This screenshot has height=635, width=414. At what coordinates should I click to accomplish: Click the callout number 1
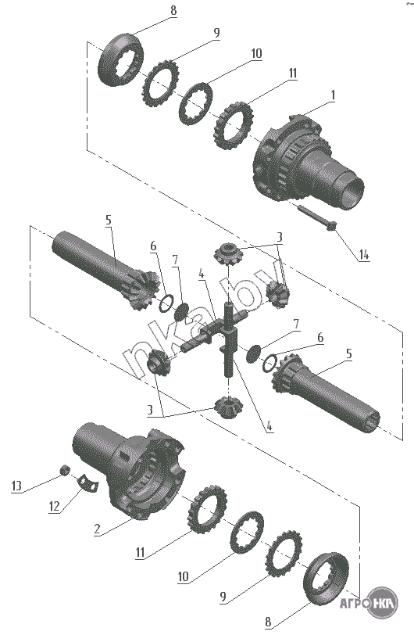click(x=333, y=96)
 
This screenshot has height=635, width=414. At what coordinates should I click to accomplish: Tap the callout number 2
click(x=97, y=529)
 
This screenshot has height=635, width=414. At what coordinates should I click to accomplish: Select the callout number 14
click(x=363, y=255)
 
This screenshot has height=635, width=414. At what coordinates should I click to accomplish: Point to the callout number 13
click(x=16, y=486)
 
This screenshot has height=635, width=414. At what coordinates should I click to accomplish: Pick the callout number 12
click(x=54, y=506)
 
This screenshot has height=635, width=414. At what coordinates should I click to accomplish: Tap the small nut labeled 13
click(x=65, y=470)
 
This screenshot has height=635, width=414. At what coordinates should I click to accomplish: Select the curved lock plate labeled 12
click(x=88, y=482)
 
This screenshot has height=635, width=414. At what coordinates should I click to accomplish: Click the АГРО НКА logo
click(x=369, y=603)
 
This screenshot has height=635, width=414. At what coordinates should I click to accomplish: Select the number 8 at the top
click(x=173, y=10)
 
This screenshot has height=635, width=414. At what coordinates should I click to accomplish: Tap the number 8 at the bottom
click(x=267, y=622)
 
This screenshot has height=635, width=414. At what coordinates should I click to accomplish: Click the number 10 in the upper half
click(x=256, y=53)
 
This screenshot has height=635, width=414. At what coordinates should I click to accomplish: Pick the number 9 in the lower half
click(x=223, y=597)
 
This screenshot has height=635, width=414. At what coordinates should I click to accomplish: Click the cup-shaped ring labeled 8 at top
click(x=121, y=60)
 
